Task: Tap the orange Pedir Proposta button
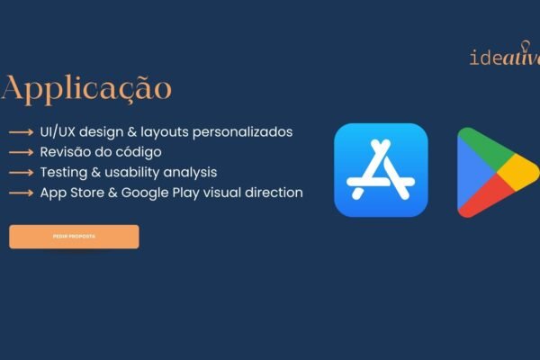pyautogui.click(x=74, y=237)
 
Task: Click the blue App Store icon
pyautogui.click(x=381, y=170)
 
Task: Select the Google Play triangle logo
pyautogui.click(x=495, y=172)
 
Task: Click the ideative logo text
pyautogui.click(x=504, y=58)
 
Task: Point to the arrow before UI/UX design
pyautogui.click(x=22, y=132)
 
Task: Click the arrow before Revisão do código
pyautogui.click(x=22, y=152)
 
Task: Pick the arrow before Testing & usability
pyautogui.click(x=22, y=173)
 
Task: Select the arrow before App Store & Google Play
pyautogui.click(x=22, y=193)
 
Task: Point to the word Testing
pyautogui.click(x=64, y=172)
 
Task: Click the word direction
pyautogui.click(x=274, y=193)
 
